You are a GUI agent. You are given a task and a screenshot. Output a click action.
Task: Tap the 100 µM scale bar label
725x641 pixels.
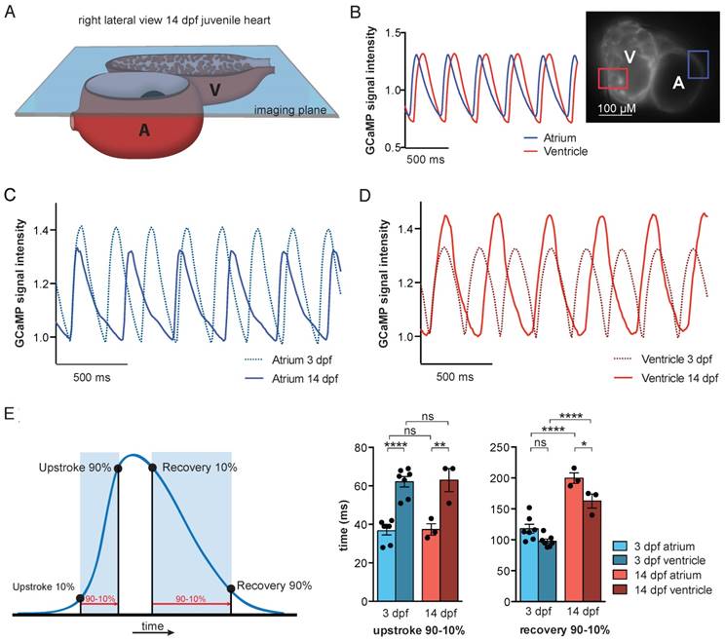tap(620, 105)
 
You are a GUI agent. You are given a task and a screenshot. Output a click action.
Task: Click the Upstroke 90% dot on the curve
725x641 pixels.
tap(118, 468)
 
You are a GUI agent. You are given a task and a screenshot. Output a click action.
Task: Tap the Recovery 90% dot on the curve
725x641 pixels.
tap(231, 587)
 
